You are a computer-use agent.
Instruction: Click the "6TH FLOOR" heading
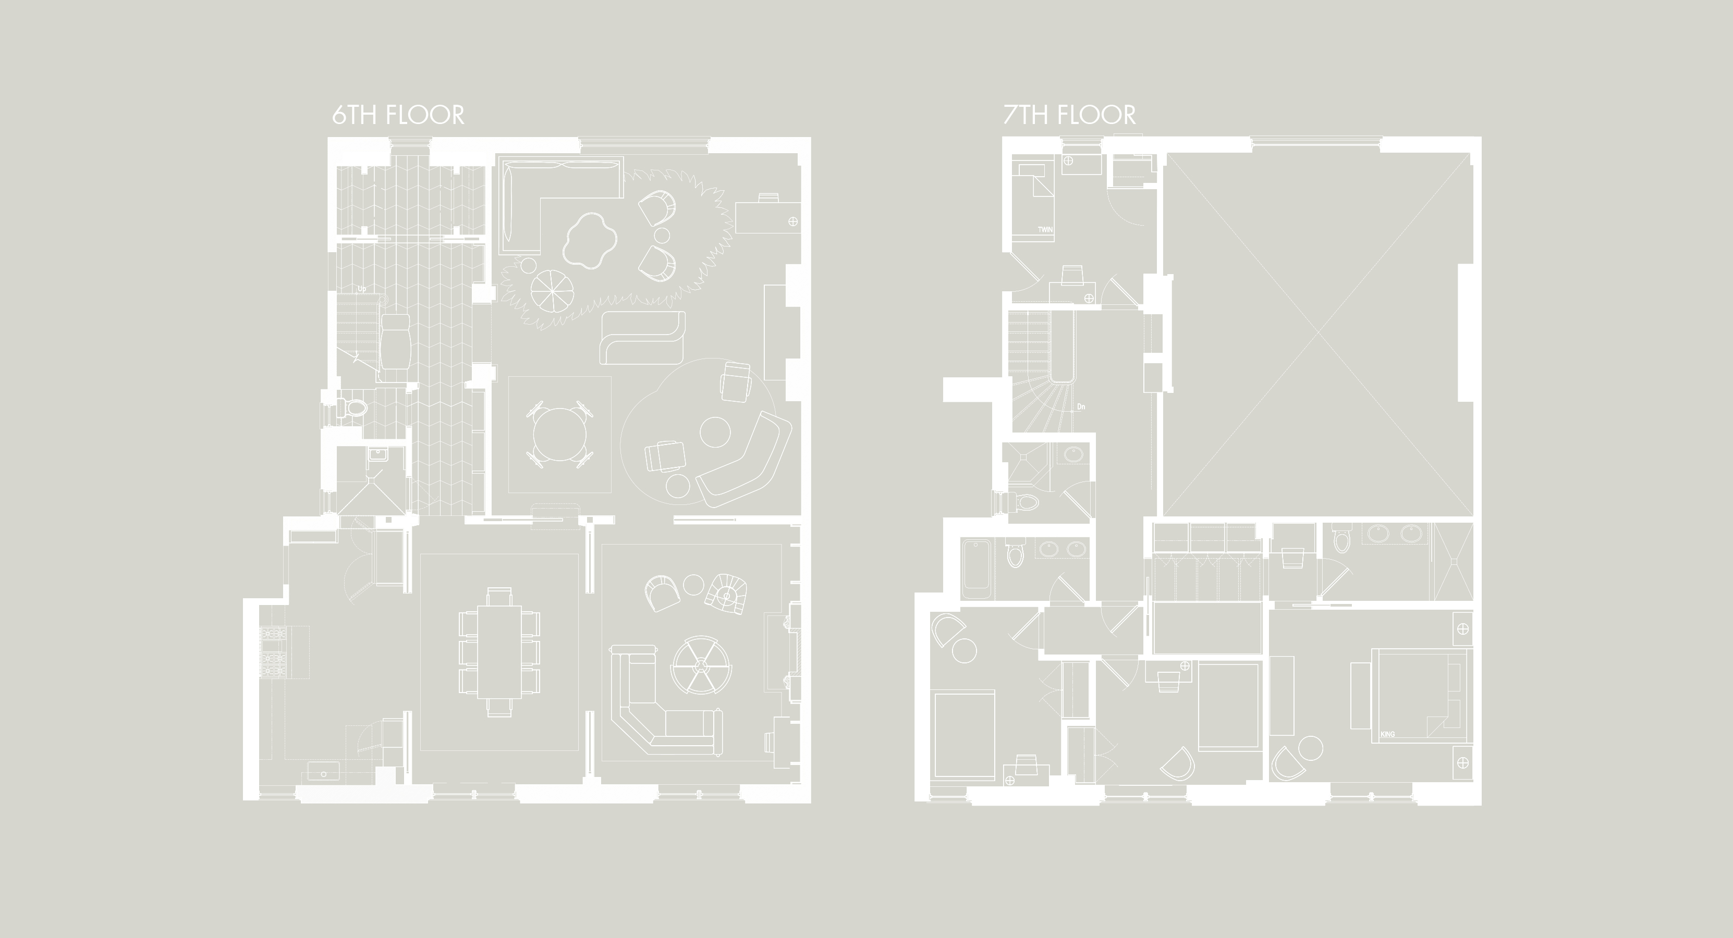pos(398,115)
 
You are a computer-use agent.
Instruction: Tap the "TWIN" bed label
pos(1045,229)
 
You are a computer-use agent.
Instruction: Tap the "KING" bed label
pos(1387,734)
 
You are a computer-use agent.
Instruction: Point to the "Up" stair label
pos(362,289)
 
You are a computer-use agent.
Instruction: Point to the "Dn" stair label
pos(1082,407)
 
